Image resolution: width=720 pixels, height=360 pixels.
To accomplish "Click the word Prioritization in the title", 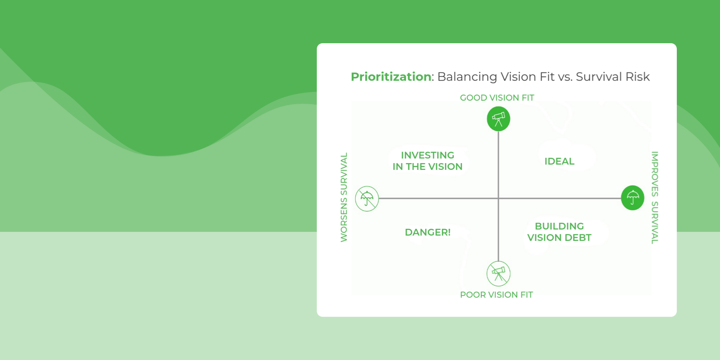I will [391, 77].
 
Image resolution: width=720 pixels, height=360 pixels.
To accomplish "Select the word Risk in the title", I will [637, 77].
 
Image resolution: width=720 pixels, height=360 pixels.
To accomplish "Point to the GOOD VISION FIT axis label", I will [497, 98].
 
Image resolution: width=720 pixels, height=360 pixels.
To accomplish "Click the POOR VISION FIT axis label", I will [496, 295].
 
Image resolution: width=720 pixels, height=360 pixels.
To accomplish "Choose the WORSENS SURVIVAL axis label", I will [344, 197].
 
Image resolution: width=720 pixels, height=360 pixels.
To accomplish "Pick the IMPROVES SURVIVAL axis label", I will [654, 198].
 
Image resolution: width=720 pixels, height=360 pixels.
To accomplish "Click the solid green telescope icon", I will [498, 119].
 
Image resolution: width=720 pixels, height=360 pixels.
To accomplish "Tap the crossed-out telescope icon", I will [498, 274].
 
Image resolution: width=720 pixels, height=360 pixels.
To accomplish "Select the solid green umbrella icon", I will [633, 198].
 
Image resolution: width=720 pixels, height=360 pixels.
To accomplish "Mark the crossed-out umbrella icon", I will [367, 198].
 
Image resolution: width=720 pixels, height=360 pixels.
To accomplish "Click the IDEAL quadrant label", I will [559, 162].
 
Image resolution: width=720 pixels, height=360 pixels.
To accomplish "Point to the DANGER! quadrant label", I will [428, 232].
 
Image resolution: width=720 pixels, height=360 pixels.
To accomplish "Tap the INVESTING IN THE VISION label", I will [428, 161].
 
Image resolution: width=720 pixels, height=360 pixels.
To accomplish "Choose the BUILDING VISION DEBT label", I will [559, 232].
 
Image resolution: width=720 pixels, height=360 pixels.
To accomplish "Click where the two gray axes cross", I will [498, 198].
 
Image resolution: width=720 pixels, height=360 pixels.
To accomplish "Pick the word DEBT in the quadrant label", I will [578, 238].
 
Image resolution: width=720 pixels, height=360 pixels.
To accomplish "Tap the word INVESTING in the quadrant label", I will [428, 155].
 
